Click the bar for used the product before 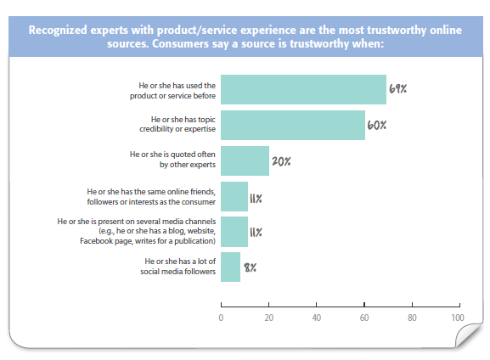[x=303, y=89]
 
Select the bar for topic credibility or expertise [x=293, y=125]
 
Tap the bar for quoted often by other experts [x=245, y=160]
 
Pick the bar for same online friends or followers [x=234, y=197]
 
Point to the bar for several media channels [x=234, y=232]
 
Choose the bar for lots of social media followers [x=231, y=267]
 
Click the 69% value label [x=397, y=89]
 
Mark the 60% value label [x=376, y=125]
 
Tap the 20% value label [x=281, y=161]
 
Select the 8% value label [x=250, y=267]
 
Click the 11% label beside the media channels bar [x=256, y=232]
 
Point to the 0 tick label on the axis [x=221, y=318]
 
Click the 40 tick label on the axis [x=316, y=318]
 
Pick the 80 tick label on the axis [x=412, y=318]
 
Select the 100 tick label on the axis [x=458, y=318]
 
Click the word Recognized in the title [x=58, y=31]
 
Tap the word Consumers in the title [x=180, y=43]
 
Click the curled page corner [x=469, y=336]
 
